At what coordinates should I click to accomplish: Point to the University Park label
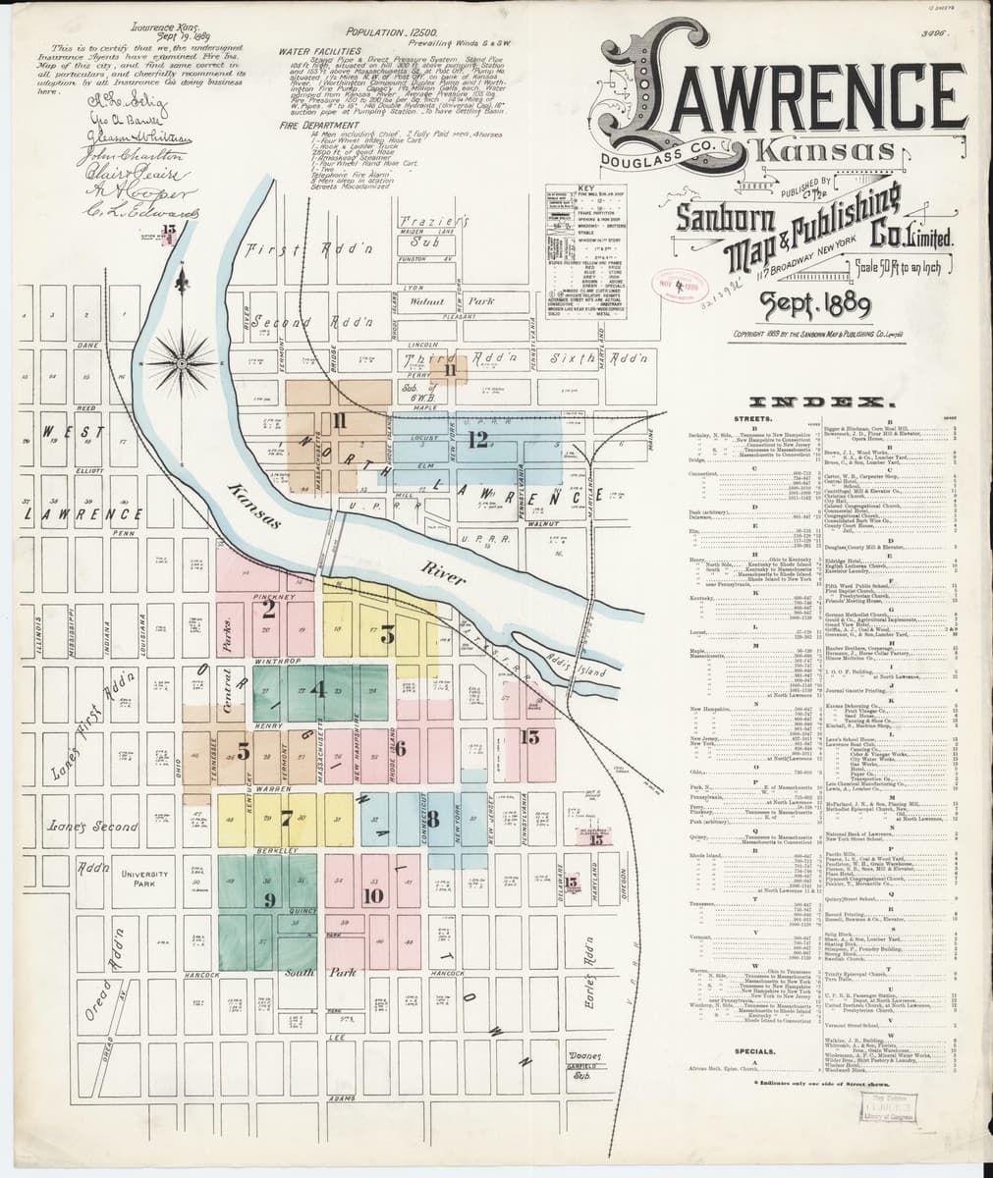pyautogui.click(x=147, y=880)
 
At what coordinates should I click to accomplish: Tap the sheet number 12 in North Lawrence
pyautogui.click(x=478, y=439)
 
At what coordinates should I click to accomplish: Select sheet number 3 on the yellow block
pyautogui.click(x=387, y=634)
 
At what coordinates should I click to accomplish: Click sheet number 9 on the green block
pyautogui.click(x=269, y=898)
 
